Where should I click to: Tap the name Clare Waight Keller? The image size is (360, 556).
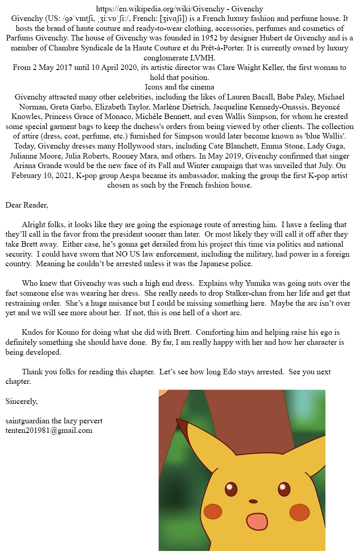tap(263, 67)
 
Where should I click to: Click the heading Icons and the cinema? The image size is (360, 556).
tap(180, 87)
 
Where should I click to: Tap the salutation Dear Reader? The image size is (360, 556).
tap(26, 205)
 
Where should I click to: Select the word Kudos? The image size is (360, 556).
tap(32, 333)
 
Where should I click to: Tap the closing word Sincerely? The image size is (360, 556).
tap(21, 401)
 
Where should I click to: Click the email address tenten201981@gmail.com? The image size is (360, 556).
tap(49, 430)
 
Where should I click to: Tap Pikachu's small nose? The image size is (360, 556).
tap(253, 501)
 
